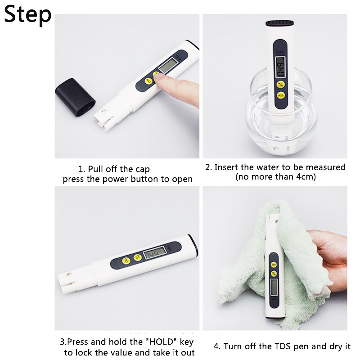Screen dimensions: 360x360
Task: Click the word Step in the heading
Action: point(28,15)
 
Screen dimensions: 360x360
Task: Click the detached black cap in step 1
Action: point(75,96)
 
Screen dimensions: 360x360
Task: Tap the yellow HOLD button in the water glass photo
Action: point(280,95)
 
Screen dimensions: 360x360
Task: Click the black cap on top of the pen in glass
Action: point(280,23)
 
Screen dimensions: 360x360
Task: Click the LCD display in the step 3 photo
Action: point(153,254)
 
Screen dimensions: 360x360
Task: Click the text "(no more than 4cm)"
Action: point(275,177)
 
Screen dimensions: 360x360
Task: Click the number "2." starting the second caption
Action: point(208,167)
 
